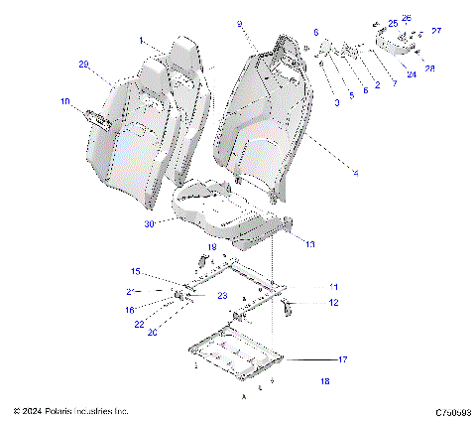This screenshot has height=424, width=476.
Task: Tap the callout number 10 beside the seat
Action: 65,101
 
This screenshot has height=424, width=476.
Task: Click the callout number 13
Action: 309,243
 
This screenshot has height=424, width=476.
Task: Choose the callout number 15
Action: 136,271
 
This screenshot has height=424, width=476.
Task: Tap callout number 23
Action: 222,296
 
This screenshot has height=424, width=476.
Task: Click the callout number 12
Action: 333,302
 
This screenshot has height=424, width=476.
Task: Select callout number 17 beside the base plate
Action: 343,358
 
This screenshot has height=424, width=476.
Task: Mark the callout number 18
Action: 325,381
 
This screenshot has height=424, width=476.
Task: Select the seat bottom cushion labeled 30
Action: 223,209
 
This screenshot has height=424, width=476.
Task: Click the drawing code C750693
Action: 443,410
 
